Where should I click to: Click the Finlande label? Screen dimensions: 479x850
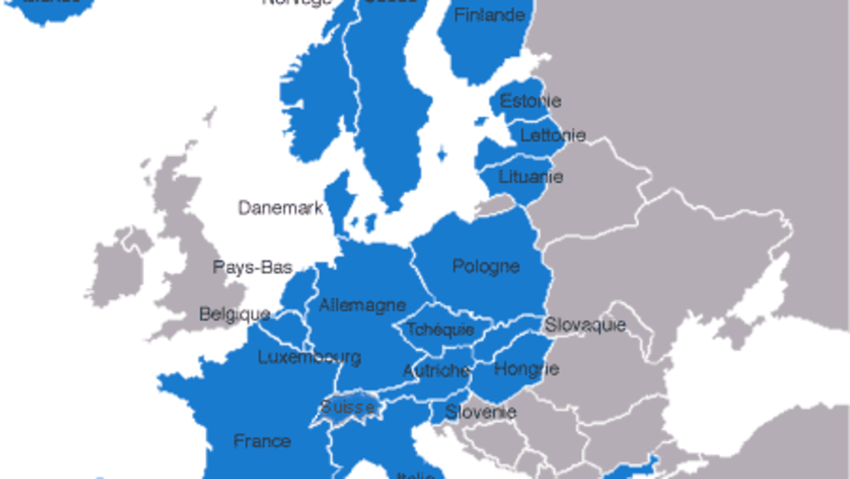489,15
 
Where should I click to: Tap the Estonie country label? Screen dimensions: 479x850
530,101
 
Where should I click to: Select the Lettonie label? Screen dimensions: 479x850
552,135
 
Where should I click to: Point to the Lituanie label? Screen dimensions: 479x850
531,176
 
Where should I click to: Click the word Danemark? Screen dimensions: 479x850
280,208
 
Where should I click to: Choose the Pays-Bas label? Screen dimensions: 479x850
252,267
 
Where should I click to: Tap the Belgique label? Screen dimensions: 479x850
234,314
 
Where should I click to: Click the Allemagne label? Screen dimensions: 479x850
362,305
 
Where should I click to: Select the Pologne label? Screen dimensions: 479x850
485,266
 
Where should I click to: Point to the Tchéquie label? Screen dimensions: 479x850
440,329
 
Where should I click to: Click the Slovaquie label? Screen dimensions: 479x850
584,325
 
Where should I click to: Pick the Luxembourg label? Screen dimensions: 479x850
309,357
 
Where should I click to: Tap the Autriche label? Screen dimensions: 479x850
436,370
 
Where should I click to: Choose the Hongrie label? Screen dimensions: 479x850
526,368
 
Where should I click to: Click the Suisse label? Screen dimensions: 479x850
347,407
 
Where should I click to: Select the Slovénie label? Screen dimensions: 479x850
480,412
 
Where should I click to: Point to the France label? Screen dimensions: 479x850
262,441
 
